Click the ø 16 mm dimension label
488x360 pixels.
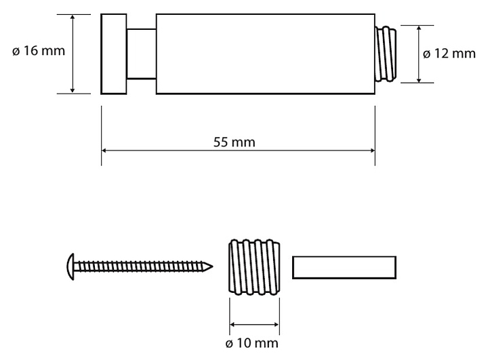(x=38, y=52)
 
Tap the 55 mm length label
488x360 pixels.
(x=238, y=142)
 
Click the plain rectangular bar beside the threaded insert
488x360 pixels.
(x=344, y=267)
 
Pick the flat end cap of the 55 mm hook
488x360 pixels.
(x=114, y=54)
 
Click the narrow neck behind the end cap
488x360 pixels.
(x=141, y=54)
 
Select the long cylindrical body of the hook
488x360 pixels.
(x=265, y=54)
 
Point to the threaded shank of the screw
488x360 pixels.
(x=142, y=266)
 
